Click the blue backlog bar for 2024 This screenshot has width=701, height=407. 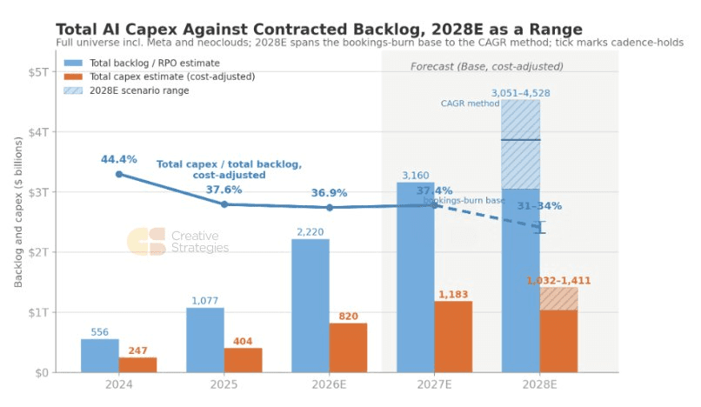100,356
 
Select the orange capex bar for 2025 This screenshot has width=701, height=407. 244,360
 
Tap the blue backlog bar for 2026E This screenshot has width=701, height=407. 310,305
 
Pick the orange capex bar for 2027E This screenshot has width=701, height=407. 453,337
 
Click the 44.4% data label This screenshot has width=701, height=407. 119,159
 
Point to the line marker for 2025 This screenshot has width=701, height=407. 224,204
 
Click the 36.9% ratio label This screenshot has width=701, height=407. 330,193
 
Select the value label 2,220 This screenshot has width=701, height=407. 310,231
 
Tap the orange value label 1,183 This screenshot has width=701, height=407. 453,294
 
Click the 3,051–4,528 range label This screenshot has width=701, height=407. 521,93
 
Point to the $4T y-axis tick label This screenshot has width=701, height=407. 39,132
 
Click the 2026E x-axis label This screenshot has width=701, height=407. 329,384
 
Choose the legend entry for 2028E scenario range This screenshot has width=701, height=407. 126,90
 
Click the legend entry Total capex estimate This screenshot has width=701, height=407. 159,77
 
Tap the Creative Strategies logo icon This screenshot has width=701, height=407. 146,242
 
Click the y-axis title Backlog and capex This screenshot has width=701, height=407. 18,212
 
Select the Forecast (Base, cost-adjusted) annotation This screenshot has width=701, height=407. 487,67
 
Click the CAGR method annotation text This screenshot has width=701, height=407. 470,103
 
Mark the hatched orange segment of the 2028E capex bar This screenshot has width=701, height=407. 559,299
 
